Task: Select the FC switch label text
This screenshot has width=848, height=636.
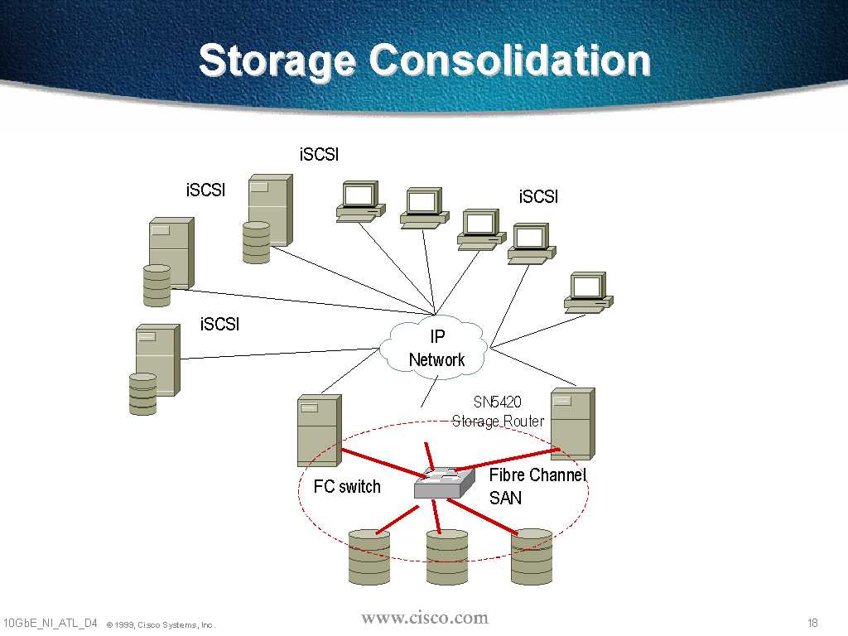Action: [347, 487]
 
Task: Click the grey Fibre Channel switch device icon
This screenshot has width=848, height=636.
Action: [444, 483]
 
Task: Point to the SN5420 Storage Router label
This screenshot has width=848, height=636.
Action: [498, 412]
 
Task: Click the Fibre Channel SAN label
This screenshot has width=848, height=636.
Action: [537, 486]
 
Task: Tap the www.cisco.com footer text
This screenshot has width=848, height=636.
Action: [425, 618]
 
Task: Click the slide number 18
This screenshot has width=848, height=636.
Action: [812, 623]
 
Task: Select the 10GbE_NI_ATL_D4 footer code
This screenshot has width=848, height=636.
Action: [51, 623]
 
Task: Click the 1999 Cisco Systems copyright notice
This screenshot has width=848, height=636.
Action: [161, 624]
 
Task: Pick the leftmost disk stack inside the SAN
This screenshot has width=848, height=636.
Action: [369, 556]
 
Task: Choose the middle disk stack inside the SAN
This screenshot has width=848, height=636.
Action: [447, 556]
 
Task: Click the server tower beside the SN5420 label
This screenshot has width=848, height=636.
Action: [572, 423]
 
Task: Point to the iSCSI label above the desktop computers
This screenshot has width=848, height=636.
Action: [319, 154]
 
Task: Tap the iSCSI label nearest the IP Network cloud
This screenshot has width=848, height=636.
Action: [219, 324]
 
